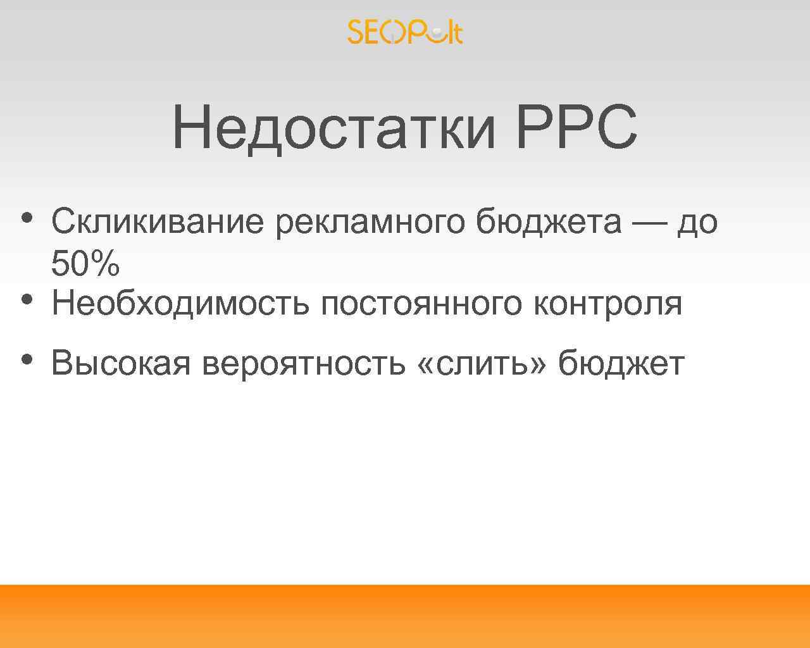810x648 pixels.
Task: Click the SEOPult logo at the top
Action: pyautogui.click(x=405, y=32)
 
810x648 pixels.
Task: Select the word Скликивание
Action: pyautogui.click(x=158, y=221)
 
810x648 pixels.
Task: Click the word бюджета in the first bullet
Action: pyautogui.click(x=549, y=222)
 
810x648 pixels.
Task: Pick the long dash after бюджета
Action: pyautogui.click(x=649, y=222)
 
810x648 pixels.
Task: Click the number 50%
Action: pyautogui.click(x=85, y=264)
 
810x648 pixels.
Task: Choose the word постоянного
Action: pyautogui.click(x=421, y=303)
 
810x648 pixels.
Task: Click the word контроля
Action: pyautogui.click(x=608, y=303)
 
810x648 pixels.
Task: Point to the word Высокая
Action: pyautogui.click(x=121, y=363)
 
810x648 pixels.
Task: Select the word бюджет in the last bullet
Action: pyautogui.click(x=621, y=363)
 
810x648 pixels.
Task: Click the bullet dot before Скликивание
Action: pyautogui.click(x=26, y=218)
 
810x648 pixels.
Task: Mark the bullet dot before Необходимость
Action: pyautogui.click(x=26, y=298)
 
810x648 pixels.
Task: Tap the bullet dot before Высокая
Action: pyautogui.click(x=26, y=359)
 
